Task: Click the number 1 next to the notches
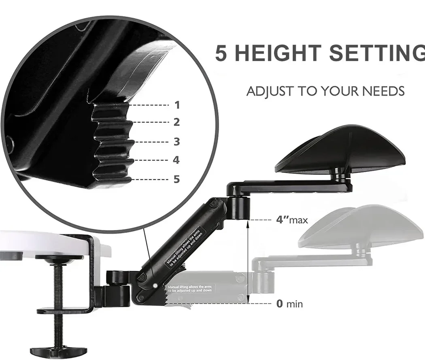pyautogui.click(x=177, y=105)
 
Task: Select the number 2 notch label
pyautogui.click(x=177, y=122)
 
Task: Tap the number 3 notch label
pyautogui.click(x=176, y=141)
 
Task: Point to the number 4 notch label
pyautogui.click(x=176, y=160)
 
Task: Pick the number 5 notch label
pyautogui.click(x=176, y=179)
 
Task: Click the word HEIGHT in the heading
pyautogui.click(x=276, y=53)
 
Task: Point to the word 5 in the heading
pyautogui.click(x=222, y=53)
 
